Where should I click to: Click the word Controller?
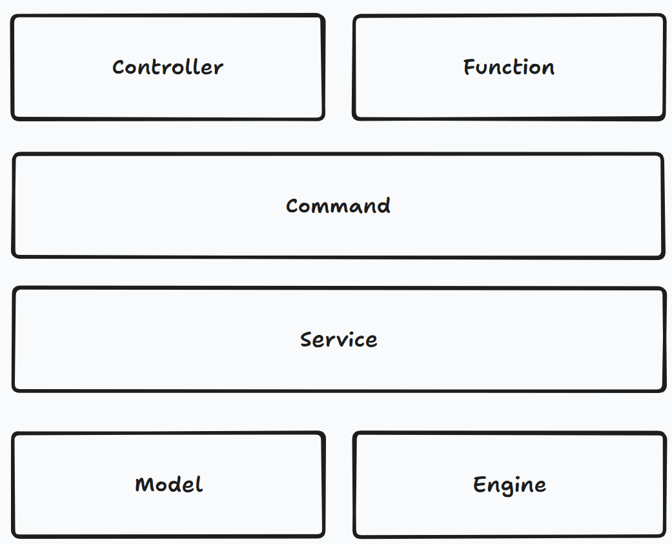[x=168, y=67]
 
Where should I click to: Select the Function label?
[x=509, y=67]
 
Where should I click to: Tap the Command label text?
[x=338, y=206]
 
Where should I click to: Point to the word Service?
[x=338, y=339]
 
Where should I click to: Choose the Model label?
[x=168, y=485]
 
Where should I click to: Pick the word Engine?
[x=509, y=485]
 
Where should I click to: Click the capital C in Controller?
[x=119, y=67]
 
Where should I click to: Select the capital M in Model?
[x=143, y=485]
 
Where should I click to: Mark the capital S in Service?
[x=307, y=339]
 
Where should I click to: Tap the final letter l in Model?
[x=199, y=484]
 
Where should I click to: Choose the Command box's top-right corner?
[x=662, y=156]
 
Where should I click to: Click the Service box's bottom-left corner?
[x=14, y=389]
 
